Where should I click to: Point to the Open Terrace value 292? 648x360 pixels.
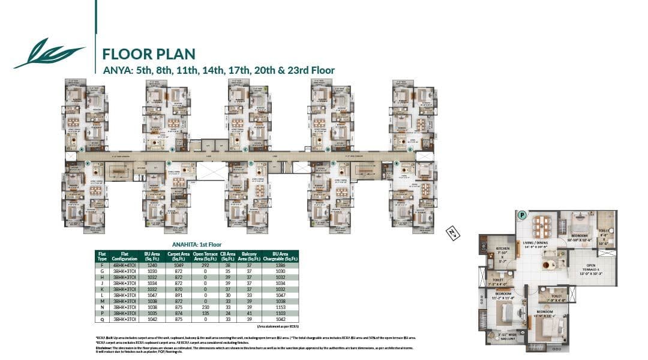[x=205, y=265]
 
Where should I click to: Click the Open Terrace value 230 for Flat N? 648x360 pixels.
[x=205, y=307]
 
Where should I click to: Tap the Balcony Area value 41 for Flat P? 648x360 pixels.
[x=249, y=313]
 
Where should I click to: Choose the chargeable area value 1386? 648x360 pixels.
[x=280, y=265]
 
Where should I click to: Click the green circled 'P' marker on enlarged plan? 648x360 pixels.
[x=522, y=215]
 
